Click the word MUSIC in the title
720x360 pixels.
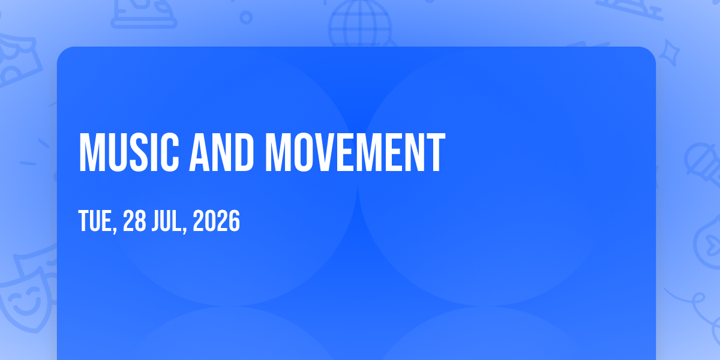129,152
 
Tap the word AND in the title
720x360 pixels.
222,152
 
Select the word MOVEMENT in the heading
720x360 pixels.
355,152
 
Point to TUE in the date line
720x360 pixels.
95,221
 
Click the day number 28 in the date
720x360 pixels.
134,221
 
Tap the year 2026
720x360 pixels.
217,221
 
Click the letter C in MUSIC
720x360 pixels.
169,152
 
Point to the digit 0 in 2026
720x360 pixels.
211,221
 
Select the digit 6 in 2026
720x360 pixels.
235,221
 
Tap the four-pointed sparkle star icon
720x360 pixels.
669,53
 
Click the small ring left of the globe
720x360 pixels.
246,17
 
